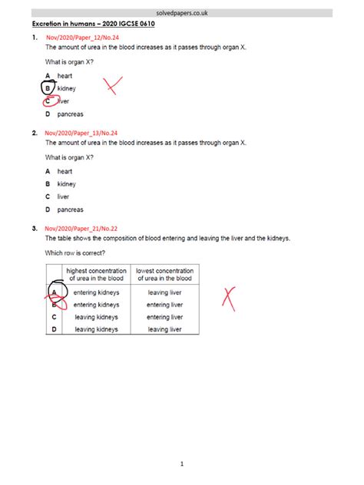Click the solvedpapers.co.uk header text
[x=181, y=13]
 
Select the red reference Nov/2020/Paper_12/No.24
[x=81, y=37]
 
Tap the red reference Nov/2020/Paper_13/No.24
[x=81, y=133]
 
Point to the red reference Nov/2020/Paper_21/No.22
[x=81, y=228]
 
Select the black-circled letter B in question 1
[x=48, y=88]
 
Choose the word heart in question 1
[x=65, y=75]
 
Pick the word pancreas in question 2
[x=71, y=210]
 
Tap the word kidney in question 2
[x=67, y=184]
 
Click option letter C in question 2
[x=48, y=196]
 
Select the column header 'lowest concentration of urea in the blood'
[x=165, y=275]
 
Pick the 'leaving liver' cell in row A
[x=164, y=292]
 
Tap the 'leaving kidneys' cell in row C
[x=96, y=317]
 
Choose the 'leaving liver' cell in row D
[x=164, y=329]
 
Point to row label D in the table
[x=54, y=329]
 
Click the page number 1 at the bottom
[x=182, y=464]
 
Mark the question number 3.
[x=35, y=228]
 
